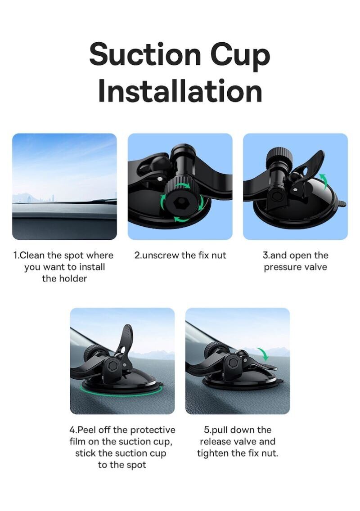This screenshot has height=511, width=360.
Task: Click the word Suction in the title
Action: [x=145, y=54]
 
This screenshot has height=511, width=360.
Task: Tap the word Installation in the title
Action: [x=180, y=91]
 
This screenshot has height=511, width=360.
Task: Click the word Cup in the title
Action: [x=240, y=57]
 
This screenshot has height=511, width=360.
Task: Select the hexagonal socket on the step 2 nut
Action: [x=180, y=203]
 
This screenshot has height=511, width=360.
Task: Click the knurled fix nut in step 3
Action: [x=278, y=157]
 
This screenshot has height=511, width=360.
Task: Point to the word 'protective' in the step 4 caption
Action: [x=153, y=430]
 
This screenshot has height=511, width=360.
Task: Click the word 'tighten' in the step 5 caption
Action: [x=212, y=453]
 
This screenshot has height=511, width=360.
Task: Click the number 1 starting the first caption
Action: [x=15, y=255]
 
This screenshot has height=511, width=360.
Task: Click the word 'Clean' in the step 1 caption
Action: [x=32, y=255]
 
